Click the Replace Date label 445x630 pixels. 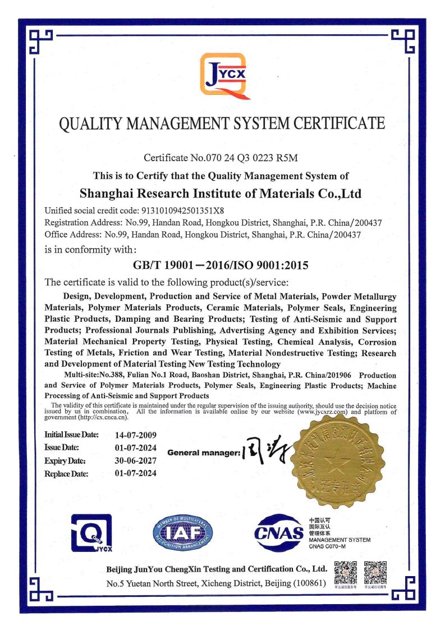pos(66,473)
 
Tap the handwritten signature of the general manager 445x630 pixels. pos(264,452)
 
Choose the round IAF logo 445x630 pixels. pos(183,534)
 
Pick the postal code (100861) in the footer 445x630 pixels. pos(309,583)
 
